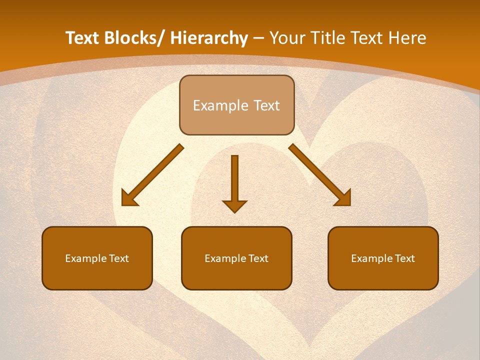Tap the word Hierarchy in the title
click(209, 38)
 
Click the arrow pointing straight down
click(234, 180)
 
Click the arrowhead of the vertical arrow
click(234, 205)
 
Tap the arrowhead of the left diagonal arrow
click(129, 198)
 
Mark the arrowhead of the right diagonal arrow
click(343, 198)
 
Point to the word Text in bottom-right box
click(404, 258)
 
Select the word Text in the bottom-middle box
click(258, 258)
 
